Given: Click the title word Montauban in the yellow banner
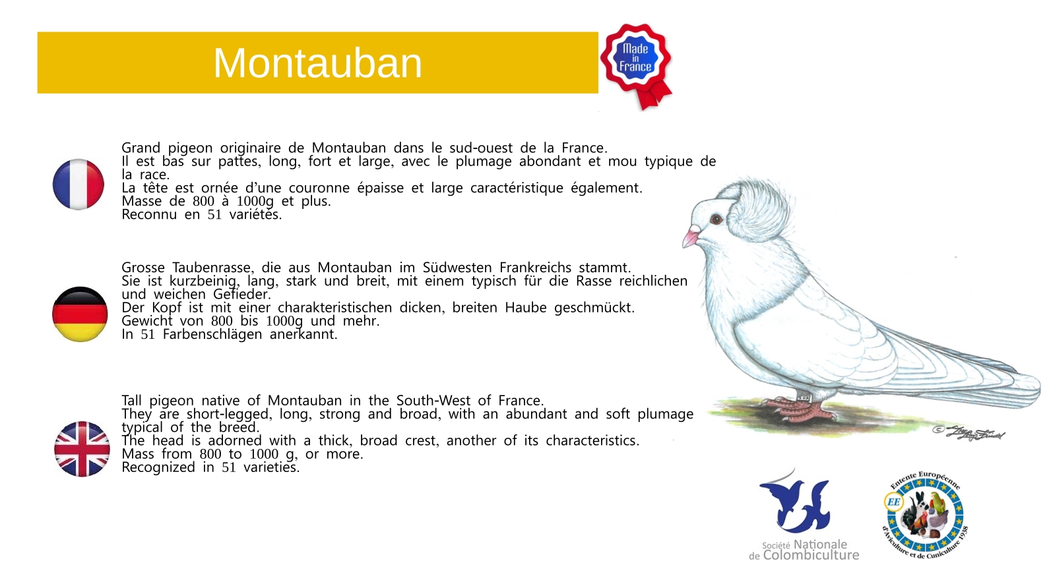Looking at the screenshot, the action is click(x=317, y=63).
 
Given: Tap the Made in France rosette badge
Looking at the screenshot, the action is click(x=637, y=65).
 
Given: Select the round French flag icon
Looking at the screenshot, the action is click(x=79, y=184).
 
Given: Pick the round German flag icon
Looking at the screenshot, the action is click(x=80, y=314).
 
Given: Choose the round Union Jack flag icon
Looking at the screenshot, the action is click(x=82, y=449).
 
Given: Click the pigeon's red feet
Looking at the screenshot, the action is click(x=800, y=408).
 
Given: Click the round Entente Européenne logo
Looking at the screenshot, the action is click(x=925, y=515).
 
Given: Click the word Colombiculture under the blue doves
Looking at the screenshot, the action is click(x=811, y=555).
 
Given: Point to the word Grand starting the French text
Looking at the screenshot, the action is click(x=141, y=148).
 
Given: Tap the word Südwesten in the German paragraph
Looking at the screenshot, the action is click(x=457, y=268).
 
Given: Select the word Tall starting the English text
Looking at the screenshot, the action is click(x=131, y=401).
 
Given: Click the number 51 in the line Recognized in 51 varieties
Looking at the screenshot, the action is click(x=228, y=467).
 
